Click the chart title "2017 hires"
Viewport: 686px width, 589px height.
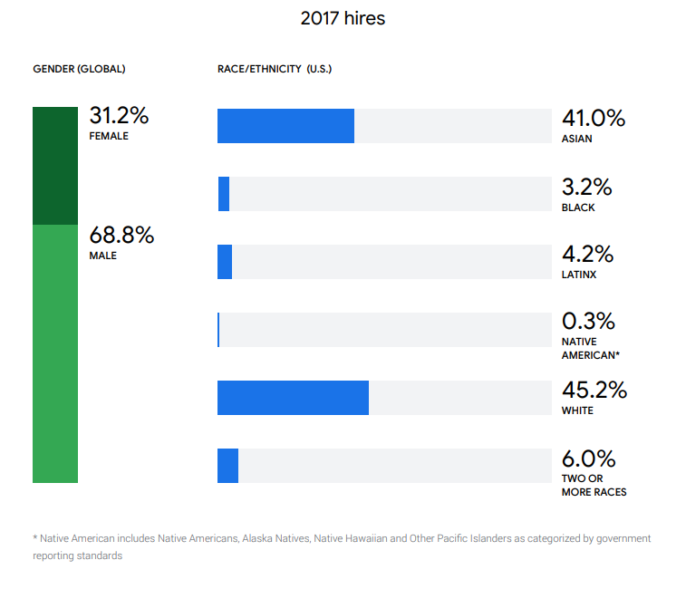coord(343,18)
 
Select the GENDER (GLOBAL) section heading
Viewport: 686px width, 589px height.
coord(79,69)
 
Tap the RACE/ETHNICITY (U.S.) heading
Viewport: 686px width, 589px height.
coord(275,69)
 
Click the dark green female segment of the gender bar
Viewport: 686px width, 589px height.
coord(55,166)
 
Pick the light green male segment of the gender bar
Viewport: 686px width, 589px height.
coord(55,353)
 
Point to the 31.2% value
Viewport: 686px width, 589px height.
coord(119,116)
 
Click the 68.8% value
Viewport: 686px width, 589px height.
coord(121,236)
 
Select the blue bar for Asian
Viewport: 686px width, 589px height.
coord(285,126)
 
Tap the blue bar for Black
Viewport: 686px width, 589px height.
coord(224,194)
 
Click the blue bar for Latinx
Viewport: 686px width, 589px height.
coord(225,262)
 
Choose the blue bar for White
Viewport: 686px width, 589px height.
coord(293,398)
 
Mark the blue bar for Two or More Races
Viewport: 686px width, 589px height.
coord(227,466)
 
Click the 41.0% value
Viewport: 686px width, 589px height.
coord(594,118)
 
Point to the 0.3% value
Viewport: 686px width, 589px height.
coord(588,322)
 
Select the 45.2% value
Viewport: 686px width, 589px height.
coord(594,390)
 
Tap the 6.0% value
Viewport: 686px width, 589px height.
coord(588,458)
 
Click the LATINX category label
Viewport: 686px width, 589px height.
coord(579,275)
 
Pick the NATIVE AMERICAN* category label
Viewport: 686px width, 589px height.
coord(590,349)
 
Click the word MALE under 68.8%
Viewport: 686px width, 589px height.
coord(102,256)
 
